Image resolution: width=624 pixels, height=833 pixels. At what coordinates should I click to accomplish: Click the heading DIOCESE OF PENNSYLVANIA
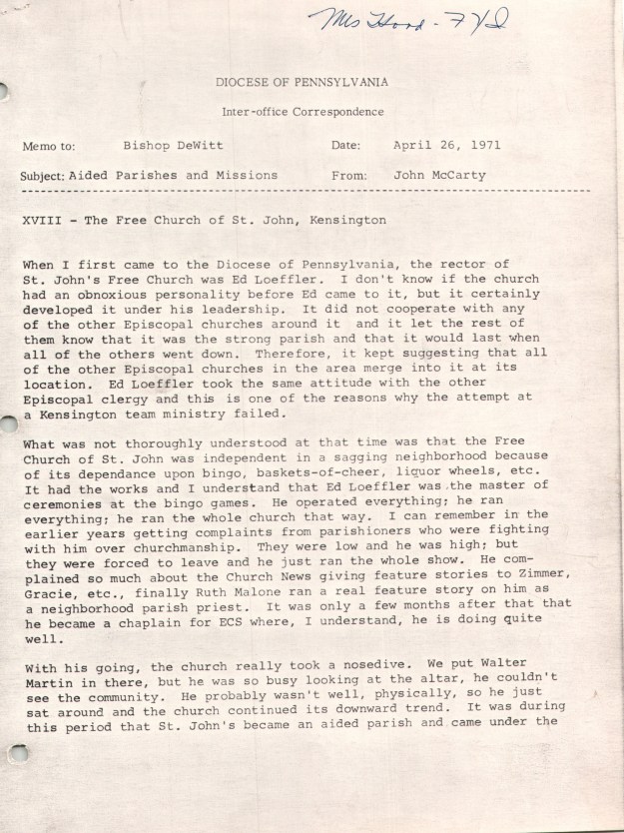point(302,82)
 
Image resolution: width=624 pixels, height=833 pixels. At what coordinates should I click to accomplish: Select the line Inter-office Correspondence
point(302,112)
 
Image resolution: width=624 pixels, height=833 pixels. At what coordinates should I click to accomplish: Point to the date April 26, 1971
point(447,145)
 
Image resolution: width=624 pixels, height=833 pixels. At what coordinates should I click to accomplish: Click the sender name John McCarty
point(440,175)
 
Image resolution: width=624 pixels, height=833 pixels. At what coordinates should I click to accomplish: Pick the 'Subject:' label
point(43,176)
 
